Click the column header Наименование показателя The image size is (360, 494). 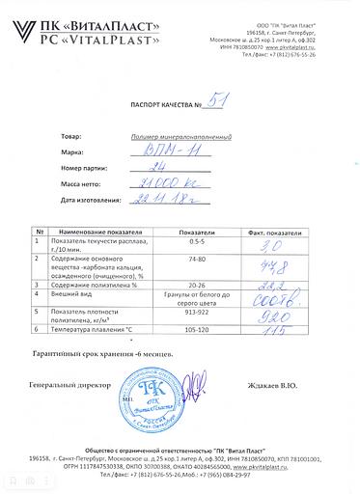(x=101, y=233)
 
